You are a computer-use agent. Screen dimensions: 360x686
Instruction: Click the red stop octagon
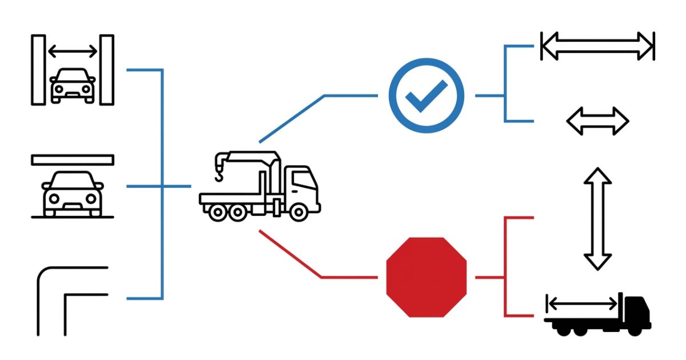click(x=426, y=277)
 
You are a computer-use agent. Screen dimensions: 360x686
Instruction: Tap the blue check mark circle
click(x=426, y=95)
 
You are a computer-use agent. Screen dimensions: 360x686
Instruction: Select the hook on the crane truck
click(x=220, y=171)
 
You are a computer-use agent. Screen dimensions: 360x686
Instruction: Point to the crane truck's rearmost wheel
click(x=218, y=212)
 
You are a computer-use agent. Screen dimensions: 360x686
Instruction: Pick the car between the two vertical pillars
click(x=73, y=86)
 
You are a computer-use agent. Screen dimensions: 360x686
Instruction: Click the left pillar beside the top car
click(x=38, y=70)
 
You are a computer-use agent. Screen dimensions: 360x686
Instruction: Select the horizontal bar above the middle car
click(x=73, y=160)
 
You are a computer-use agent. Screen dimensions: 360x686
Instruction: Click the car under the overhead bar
click(x=73, y=193)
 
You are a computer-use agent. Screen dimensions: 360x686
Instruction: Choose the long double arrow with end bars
click(x=597, y=46)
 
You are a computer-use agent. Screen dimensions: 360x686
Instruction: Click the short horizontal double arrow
click(x=597, y=121)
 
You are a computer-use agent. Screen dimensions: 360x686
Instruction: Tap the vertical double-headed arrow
click(x=597, y=218)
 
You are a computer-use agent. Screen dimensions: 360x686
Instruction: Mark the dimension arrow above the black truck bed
click(x=582, y=303)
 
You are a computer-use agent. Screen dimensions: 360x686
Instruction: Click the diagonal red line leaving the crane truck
click(x=290, y=254)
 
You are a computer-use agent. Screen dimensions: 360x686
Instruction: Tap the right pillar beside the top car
click(x=107, y=70)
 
